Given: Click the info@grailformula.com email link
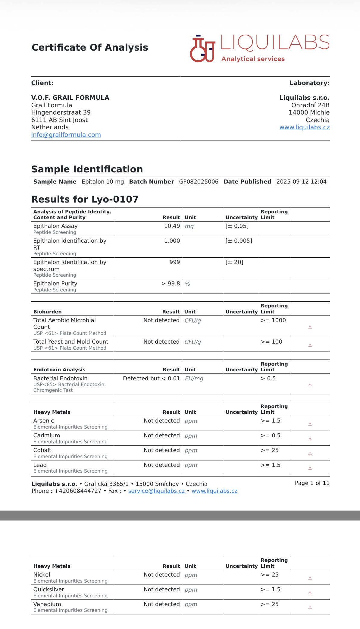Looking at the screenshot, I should pos(66,135).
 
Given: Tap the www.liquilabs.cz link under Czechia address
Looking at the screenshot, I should pos(304,127).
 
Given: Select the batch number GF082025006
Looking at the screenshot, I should pos(199,182).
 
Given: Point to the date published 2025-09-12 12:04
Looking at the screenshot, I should pos(301,182).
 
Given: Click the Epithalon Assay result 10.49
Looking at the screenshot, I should pos(172,226).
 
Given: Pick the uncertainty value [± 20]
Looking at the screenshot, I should pos(234,262).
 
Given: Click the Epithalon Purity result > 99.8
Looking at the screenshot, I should pos(171,284).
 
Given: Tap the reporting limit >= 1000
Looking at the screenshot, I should pos(273,320).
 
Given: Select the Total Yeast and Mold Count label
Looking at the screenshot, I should pos(71,342).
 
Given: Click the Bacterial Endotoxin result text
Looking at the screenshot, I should pos(151,379).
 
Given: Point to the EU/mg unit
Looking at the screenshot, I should pos(194,379).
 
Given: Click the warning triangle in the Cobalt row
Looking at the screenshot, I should pos(310,454).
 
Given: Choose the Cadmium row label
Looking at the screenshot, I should pos(47,436).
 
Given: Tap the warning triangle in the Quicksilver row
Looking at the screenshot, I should pos(310,593).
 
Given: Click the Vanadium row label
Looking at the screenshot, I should pos(47,604).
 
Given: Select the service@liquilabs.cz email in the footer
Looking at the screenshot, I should pos(157,491).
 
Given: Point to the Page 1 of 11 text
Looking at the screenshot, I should pos(312,483).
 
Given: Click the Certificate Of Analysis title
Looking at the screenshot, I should pos(90,47).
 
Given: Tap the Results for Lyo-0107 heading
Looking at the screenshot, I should pos(85,199).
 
